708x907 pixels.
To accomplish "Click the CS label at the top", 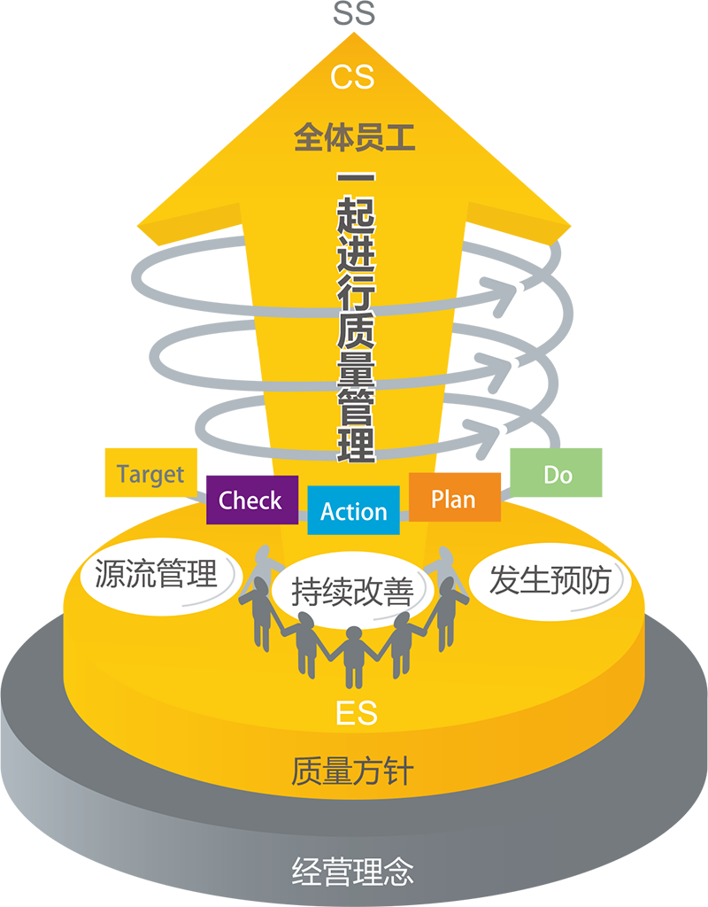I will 353,77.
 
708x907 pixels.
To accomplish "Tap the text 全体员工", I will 354,138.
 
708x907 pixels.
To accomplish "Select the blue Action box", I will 353,511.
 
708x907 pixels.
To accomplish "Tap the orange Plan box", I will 453,499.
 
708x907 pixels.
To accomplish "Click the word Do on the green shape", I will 558,476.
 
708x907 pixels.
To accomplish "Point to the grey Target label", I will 150,475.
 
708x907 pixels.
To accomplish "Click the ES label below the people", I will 357,711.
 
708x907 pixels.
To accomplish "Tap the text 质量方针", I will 352,771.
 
